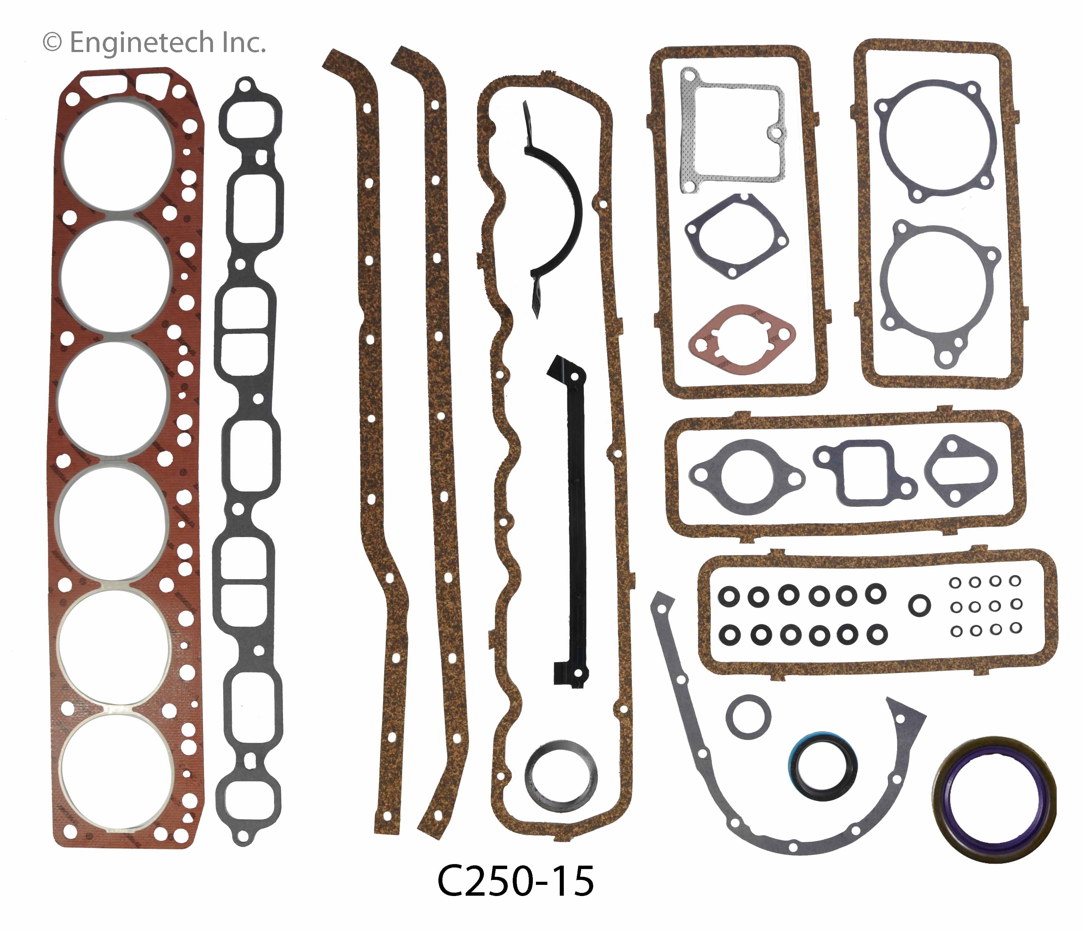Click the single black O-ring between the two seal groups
(919, 605)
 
